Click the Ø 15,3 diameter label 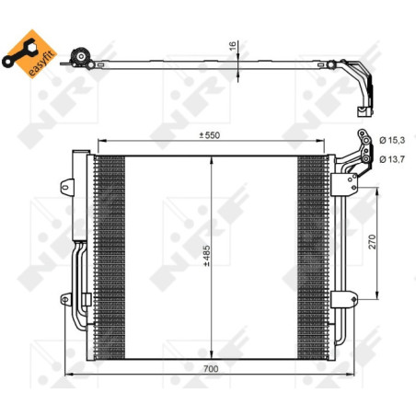[x=393, y=140]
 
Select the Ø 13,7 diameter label [x=393, y=158]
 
